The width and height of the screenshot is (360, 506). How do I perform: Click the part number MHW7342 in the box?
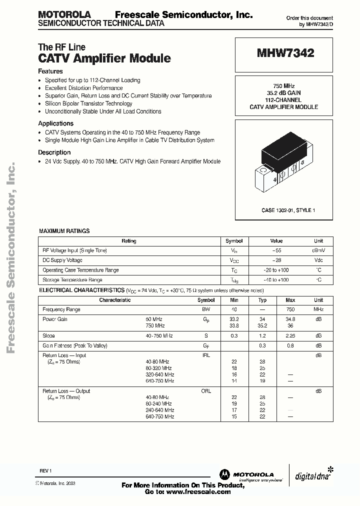pos(285,53)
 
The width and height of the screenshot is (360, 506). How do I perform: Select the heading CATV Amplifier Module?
pos(104,58)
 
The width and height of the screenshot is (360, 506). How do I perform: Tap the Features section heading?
pos(50,71)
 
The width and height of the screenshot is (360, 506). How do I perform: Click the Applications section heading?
pos(56,123)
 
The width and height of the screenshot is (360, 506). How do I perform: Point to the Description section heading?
pos(54,152)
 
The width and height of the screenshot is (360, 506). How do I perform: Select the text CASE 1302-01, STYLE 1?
pos(288,210)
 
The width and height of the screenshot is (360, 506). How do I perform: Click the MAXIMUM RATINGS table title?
pos(64,231)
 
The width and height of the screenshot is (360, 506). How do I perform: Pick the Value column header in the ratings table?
pos(276,241)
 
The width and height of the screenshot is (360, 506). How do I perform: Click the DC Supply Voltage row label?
pos(62,260)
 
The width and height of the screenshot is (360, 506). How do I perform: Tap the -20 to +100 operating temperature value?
pos(276,270)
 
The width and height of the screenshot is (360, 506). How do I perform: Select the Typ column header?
pos(262,300)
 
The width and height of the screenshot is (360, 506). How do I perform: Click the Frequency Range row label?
pos(61,309)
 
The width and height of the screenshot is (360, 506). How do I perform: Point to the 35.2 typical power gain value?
pos(262,325)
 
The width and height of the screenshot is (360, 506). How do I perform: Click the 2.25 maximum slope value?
pos(290,336)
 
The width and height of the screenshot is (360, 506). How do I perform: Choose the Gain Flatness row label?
pos(75,345)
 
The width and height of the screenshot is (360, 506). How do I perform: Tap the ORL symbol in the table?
pos(206,391)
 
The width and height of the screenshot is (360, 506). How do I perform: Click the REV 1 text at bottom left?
pos(45,471)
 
